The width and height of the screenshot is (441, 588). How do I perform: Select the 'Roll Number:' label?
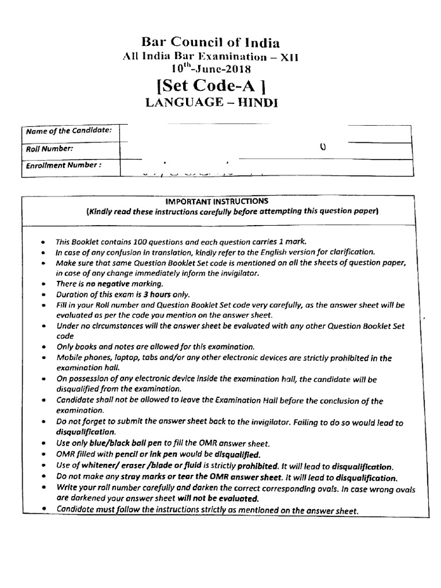(x=49, y=148)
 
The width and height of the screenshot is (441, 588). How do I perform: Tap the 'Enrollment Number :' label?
(x=64, y=165)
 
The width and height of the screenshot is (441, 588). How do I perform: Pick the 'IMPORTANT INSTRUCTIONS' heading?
(x=216, y=201)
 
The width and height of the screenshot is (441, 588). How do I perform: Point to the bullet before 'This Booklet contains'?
(x=44, y=242)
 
